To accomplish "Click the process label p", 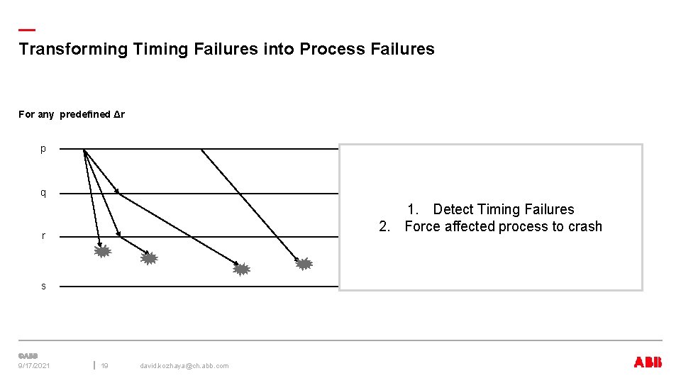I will tap(43, 149).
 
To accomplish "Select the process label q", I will tap(43, 193).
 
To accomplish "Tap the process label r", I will tap(43, 235).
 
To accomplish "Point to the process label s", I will tap(43, 286).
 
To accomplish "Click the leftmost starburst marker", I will tap(103, 251).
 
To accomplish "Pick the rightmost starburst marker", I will tap(304, 264).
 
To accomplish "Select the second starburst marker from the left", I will tap(148, 259).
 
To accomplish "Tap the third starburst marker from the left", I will tap(242, 269).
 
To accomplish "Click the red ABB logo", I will tap(648, 362).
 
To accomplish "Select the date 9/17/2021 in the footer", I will tap(34, 366).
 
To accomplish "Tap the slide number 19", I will tap(104, 366).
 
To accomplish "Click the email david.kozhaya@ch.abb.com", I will tap(184, 366).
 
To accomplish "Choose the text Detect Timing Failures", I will tap(503, 209).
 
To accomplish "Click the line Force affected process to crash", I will tap(503, 227).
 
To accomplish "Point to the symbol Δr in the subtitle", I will tap(119, 114).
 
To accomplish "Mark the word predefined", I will tap(85, 114).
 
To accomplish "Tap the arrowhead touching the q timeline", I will tap(116, 191).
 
